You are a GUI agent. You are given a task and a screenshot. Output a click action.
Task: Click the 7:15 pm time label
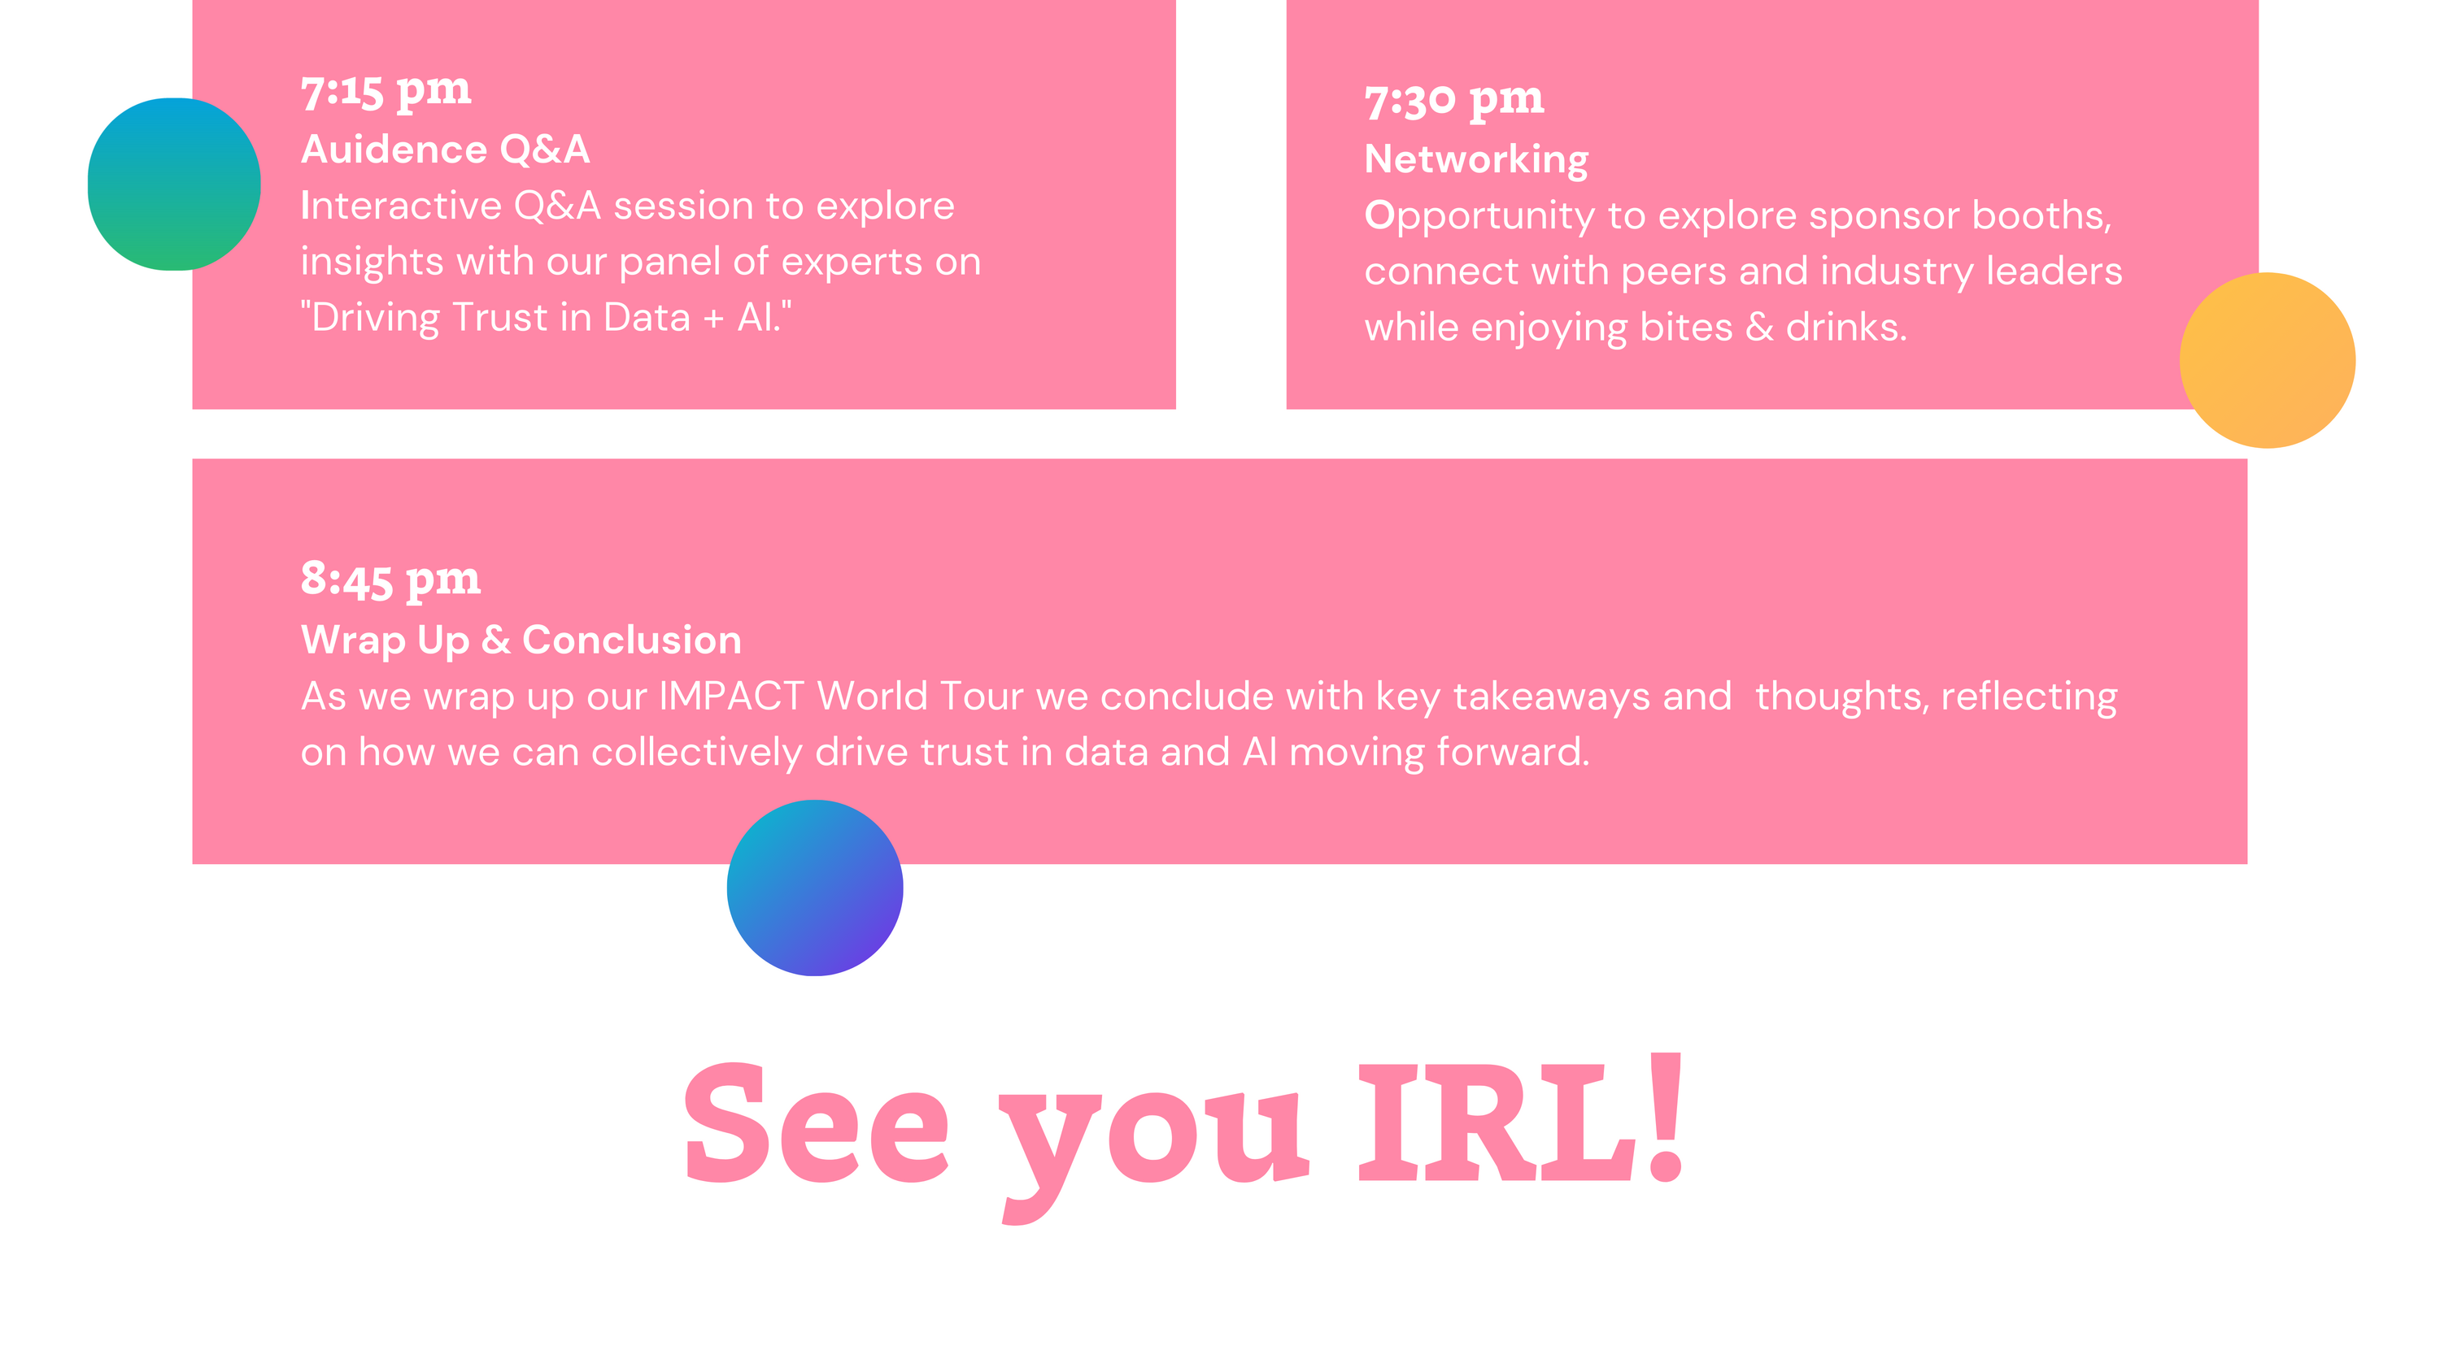(x=386, y=92)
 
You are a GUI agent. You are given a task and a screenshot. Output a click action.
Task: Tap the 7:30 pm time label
(x=1454, y=100)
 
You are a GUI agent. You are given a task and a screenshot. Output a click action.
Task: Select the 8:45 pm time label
(x=390, y=580)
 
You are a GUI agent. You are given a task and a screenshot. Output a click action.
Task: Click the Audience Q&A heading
(x=445, y=150)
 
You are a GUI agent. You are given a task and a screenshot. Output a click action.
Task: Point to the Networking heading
(x=1475, y=160)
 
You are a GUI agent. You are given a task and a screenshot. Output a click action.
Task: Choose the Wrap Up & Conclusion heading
(x=521, y=641)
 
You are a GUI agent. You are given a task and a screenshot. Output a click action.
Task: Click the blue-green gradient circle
(x=174, y=184)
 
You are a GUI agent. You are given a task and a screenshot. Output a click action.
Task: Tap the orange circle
(x=2268, y=360)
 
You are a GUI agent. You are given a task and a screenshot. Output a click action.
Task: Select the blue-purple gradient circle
(x=815, y=888)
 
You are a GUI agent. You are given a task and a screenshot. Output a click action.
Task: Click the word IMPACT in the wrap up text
(x=731, y=696)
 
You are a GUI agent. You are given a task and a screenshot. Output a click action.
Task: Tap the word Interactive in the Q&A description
(x=401, y=206)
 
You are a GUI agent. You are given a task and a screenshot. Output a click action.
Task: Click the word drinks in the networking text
(x=1846, y=327)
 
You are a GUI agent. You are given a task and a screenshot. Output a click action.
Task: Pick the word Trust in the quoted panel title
(x=500, y=317)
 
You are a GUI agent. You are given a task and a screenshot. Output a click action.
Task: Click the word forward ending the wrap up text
(x=1513, y=752)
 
